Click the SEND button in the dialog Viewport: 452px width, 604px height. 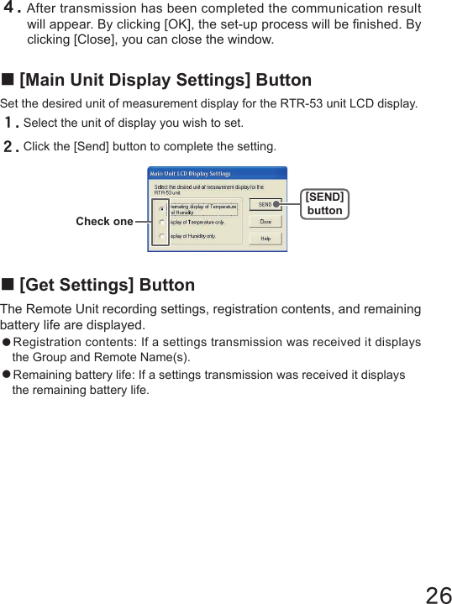[x=264, y=204]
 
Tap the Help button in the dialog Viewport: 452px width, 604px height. [x=264, y=238]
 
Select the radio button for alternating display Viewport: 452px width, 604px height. [x=161, y=208]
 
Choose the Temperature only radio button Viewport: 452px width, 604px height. [x=161, y=223]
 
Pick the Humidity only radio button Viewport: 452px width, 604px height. [x=161, y=236]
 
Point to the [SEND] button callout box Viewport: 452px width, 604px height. [x=324, y=203]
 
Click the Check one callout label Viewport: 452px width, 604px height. [x=104, y=222]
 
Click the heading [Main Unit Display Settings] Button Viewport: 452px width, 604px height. [x=165, y=81]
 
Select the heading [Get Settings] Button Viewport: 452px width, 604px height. [x=107, y=286]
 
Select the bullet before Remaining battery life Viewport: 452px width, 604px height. [x=6, y=375]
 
